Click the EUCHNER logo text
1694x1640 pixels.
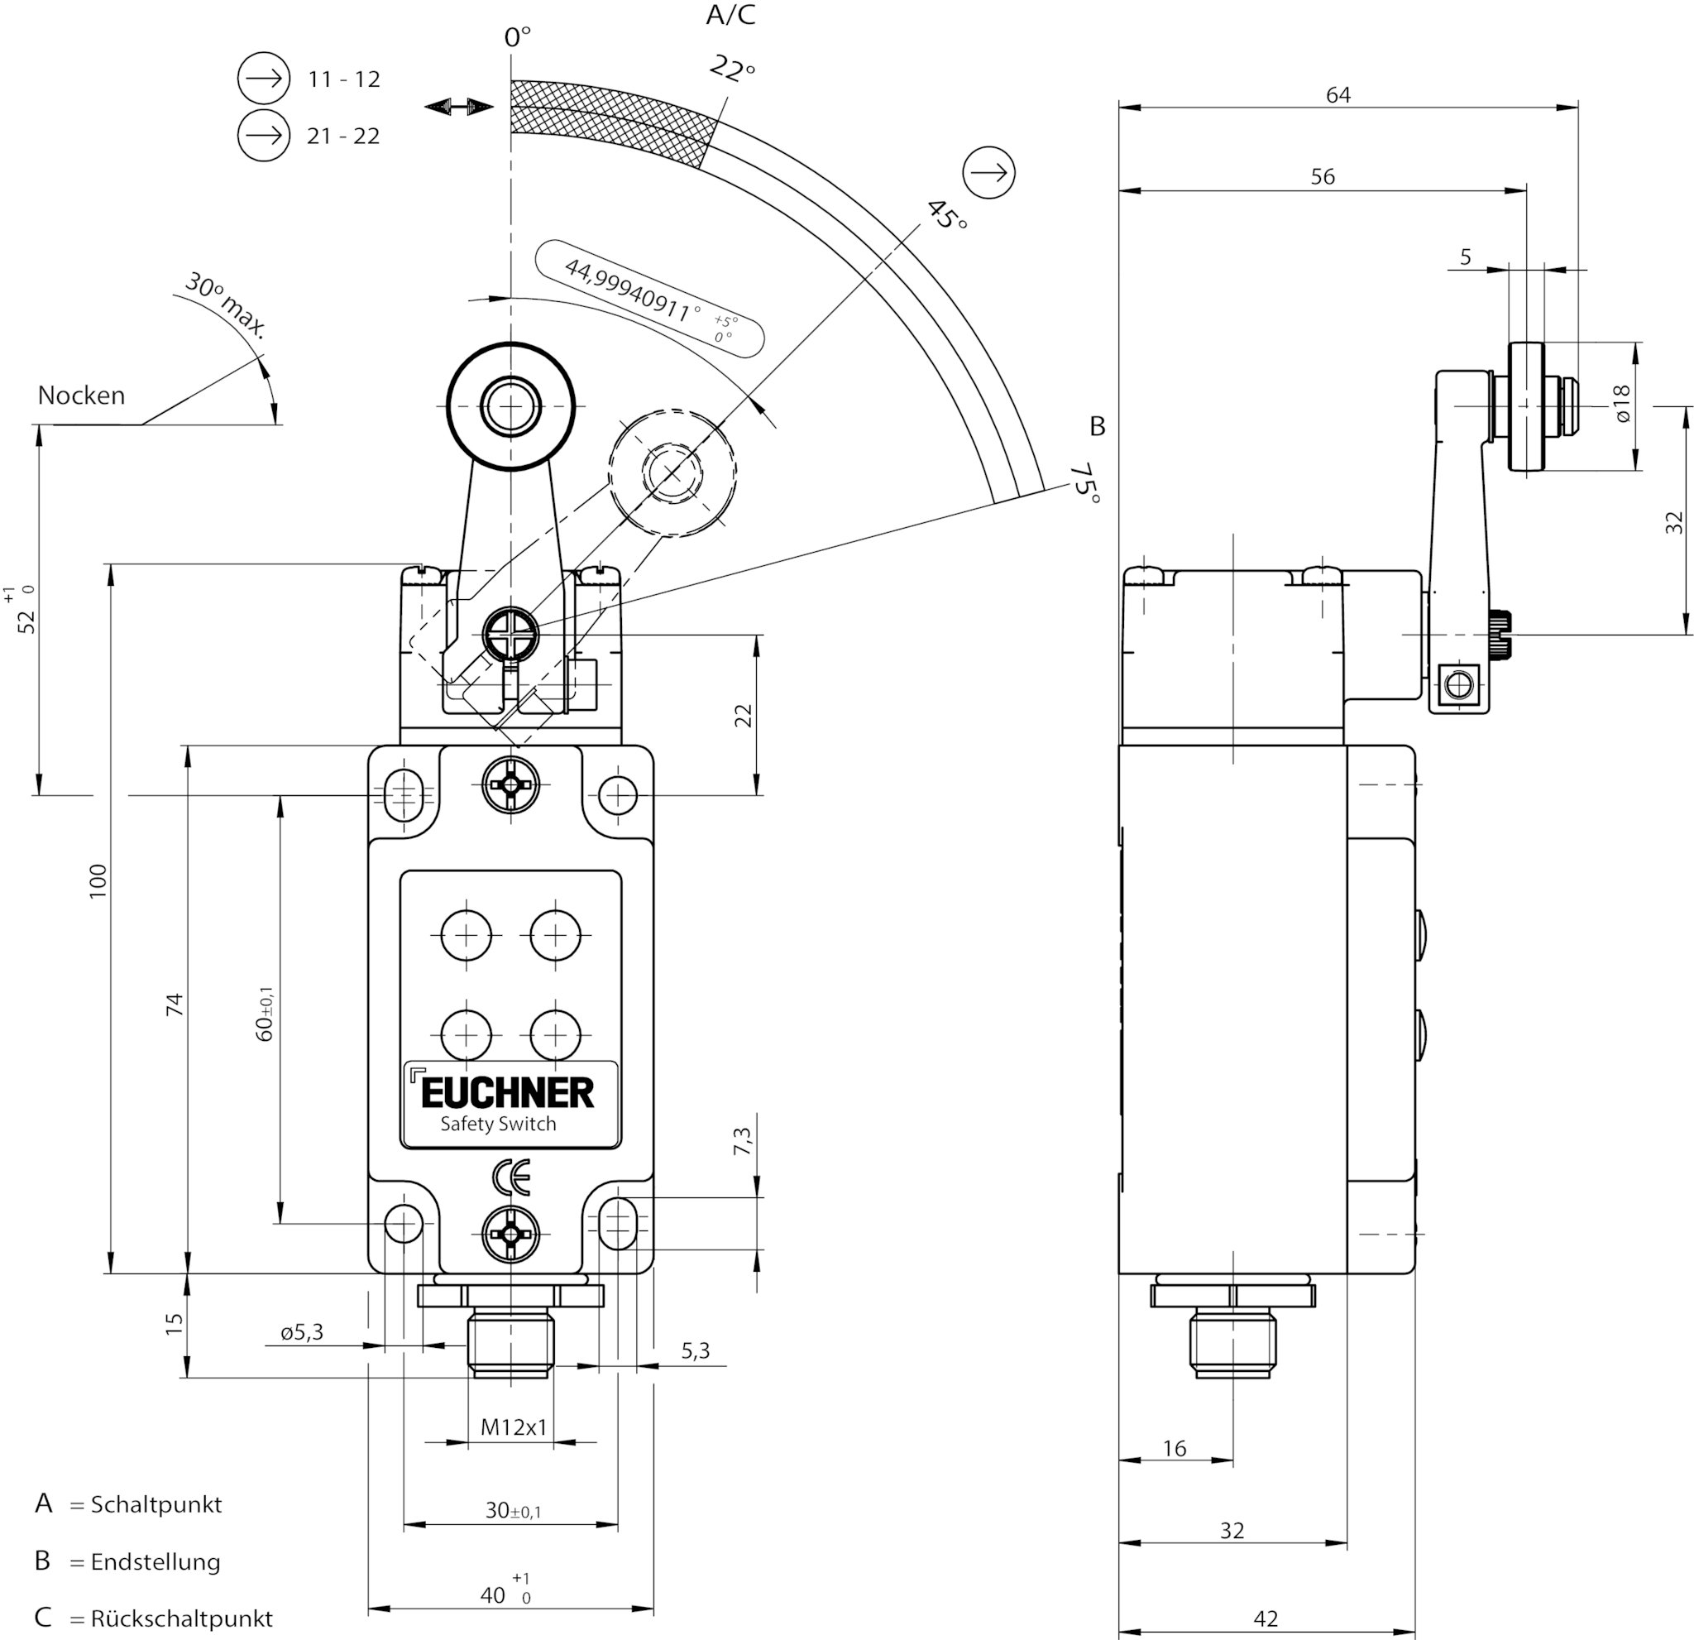tap(508, 1093)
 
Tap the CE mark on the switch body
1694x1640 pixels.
tap(511, 1177)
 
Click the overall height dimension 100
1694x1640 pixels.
tap(98, 881)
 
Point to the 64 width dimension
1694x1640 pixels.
tap(1338, 94)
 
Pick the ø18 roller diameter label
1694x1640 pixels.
tap(1621, 404)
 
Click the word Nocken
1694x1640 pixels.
tap(81, 395)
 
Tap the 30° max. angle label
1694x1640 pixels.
tap(227, 305)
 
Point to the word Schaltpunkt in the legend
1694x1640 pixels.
tap(156, 1505)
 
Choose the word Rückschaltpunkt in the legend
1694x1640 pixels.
tap(181, 1618)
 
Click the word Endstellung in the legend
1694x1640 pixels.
tap(156, 1562)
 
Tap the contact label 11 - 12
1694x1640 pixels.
tap(344, 79)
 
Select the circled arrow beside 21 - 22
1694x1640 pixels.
tap(264, 136)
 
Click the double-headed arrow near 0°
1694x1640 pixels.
tap(459, 107)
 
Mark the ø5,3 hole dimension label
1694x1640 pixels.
tap(302, 1332)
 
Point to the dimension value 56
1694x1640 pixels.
tap(1323, 176)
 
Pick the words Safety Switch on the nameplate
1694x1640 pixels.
tap(498, 1124)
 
